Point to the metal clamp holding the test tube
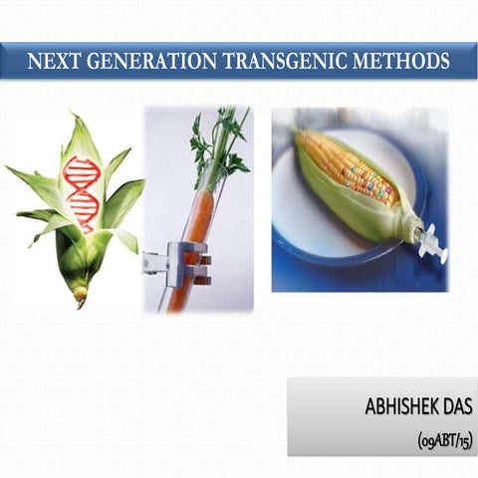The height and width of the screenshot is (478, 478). coord(179,263)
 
